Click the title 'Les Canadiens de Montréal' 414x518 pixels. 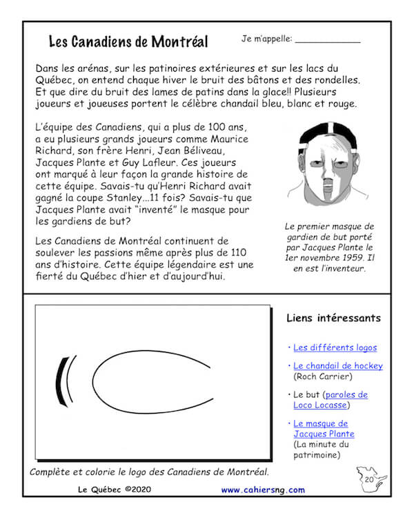(x=128, y=41)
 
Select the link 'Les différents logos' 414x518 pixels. (x=335, y=347)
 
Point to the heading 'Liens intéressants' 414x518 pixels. (x=333, y=318)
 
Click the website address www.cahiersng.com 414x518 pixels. (x=263, y=490)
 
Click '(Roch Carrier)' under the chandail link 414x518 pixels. (x=323, y=376)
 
